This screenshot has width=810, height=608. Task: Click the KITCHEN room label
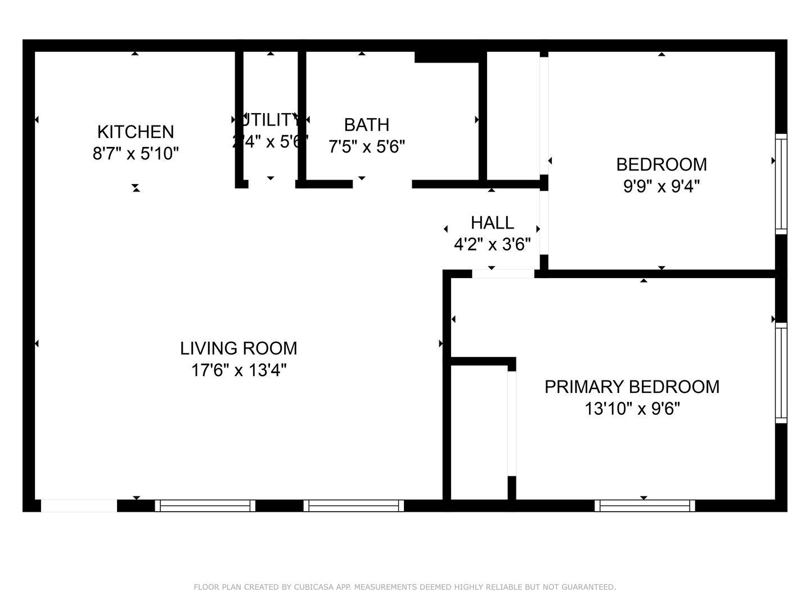tap(136, 132)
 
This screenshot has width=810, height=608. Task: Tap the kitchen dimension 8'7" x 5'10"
tap(136, 153)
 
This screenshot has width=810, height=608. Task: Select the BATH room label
tap(366, 124)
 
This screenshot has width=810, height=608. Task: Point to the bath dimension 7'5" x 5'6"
tap(366, 146)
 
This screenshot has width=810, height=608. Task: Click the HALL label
tap(492, 223)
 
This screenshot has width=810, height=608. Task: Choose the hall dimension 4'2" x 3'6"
tap(492, 245)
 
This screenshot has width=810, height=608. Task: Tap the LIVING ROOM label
tap(238, 348)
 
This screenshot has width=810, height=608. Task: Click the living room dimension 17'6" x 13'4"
tap(238, 370)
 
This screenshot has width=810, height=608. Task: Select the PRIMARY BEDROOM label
tap(632, 387)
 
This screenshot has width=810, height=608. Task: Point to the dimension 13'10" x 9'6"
tap(632, 409)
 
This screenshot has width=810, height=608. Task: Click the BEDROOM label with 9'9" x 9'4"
tap(661, 164)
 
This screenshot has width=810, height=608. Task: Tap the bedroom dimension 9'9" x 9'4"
tap(661, 186)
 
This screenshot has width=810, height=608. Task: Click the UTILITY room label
tap(271, 119)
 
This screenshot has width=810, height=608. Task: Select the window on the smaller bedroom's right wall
tap(781, 184)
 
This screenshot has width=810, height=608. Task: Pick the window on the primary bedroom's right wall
tap(781, 373)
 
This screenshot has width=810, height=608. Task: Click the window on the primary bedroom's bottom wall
tap(645, 506)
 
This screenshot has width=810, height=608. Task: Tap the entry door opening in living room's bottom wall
tap(79, 506)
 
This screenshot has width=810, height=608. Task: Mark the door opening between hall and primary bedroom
tap(502, 274)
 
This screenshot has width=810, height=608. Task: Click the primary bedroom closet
tap(479, 431)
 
